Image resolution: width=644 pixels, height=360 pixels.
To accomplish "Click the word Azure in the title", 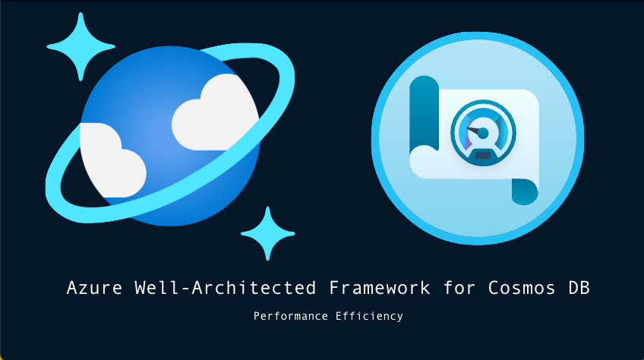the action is coord(94,288).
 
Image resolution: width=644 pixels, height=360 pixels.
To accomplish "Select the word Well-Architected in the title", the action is coord(226,288).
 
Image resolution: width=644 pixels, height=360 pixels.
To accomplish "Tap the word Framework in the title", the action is coord(380,288).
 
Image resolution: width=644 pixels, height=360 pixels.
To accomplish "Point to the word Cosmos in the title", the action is coord(522,288).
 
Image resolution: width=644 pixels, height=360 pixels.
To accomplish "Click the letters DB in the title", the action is coord(579,288).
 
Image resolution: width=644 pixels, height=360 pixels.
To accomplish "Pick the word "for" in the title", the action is coord(459,288).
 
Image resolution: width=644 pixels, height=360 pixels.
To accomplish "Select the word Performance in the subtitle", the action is coord(291,316).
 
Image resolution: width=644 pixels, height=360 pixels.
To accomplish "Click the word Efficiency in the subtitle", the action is coord(369,316).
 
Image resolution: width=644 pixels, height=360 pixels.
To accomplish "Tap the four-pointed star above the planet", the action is coord(80,47).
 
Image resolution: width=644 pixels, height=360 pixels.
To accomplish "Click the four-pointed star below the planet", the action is coord(268,233).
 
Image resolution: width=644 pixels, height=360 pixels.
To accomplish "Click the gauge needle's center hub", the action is coord(484,133).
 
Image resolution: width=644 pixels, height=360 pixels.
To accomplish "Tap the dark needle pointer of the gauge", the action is coord(474,131).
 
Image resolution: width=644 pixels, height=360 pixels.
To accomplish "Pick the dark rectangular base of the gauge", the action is coord(482,156).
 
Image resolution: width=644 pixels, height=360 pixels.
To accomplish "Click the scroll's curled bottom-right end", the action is coord(525,191).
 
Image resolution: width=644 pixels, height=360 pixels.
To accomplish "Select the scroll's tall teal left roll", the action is coord(425,113).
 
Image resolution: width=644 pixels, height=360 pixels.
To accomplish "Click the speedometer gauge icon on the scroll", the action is coord(483,133).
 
